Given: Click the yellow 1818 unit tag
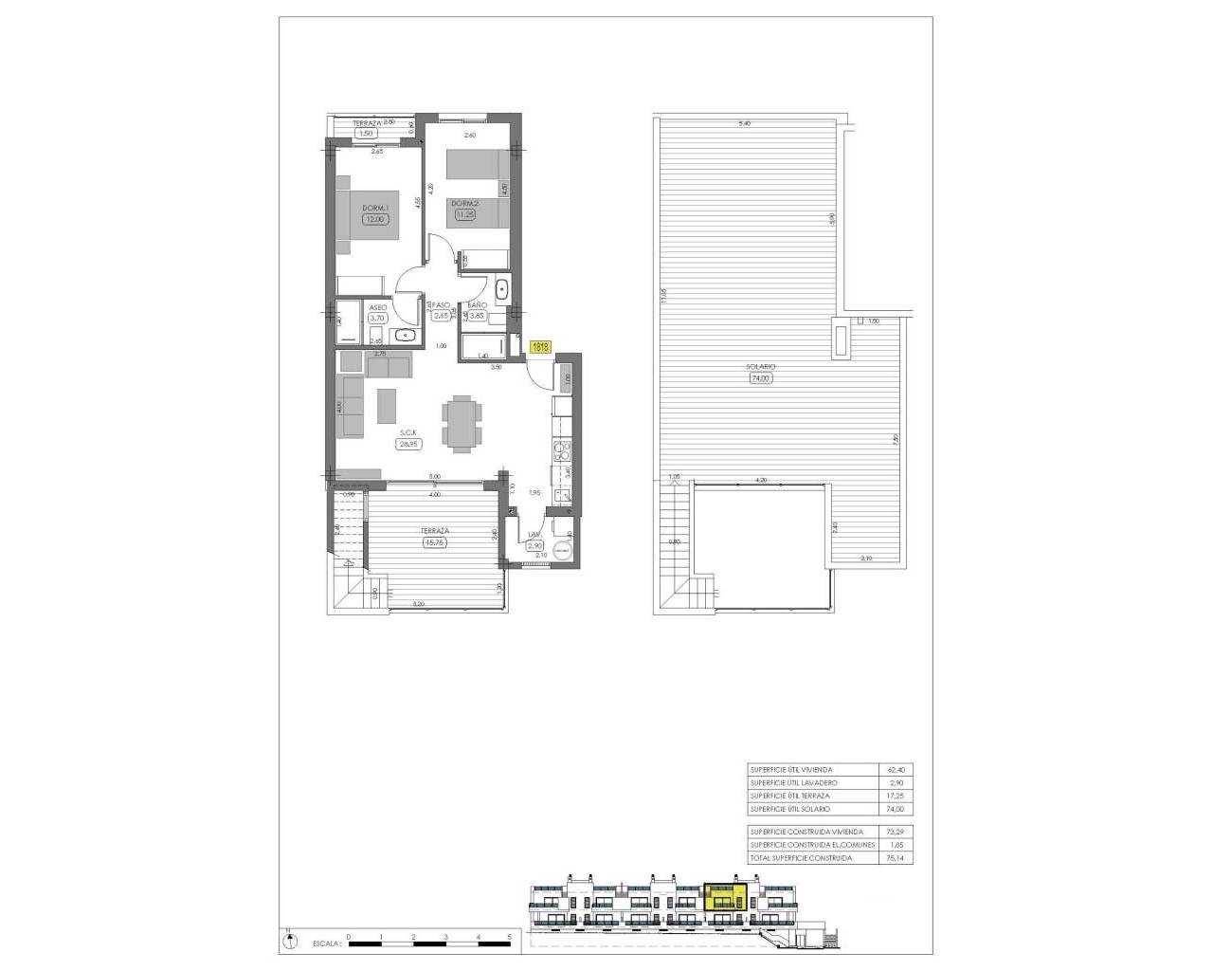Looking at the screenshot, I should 541,347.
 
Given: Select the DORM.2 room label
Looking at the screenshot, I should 464,203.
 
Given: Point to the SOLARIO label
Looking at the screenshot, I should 761,366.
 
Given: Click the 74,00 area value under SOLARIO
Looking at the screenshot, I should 761,377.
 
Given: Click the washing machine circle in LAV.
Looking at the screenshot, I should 561,548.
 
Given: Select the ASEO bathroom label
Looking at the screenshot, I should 377,308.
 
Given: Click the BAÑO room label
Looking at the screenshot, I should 477,304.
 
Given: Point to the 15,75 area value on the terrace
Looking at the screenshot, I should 434,542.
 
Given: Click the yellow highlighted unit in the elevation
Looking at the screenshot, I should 725,896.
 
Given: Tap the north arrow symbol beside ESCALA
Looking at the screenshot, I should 286,941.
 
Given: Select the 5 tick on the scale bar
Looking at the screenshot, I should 509,936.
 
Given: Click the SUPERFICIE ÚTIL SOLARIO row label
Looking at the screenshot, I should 789,809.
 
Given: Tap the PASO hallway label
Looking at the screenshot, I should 441,305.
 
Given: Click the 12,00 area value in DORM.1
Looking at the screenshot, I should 375,219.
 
